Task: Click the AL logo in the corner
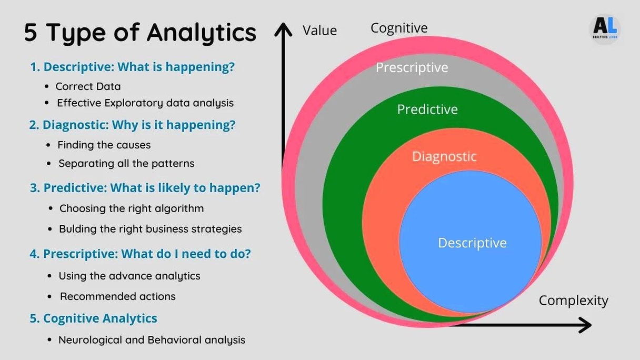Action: tap(605, 28)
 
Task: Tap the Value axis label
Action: tap(319, 31)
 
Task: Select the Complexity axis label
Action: tap(573, 301)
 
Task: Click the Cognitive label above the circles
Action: tap(399, 28)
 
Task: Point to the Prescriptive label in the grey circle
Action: tap(412, 67)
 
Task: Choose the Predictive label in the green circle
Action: tap(427, 109)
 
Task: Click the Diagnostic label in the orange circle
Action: tap(444, 156)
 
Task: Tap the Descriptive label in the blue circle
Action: tap(472, 243)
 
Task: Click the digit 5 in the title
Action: tap(31, 33)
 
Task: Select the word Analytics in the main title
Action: tap(202, 33)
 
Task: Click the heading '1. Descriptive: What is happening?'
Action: tap(132, 67)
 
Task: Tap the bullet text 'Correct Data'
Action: tap(88, 86)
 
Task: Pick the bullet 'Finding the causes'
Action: tap(104, 145)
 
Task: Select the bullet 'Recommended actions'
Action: tap(117, 296)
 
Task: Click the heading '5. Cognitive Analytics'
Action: tap(94, 318)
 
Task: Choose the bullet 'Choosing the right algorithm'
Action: tap(131, 208)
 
